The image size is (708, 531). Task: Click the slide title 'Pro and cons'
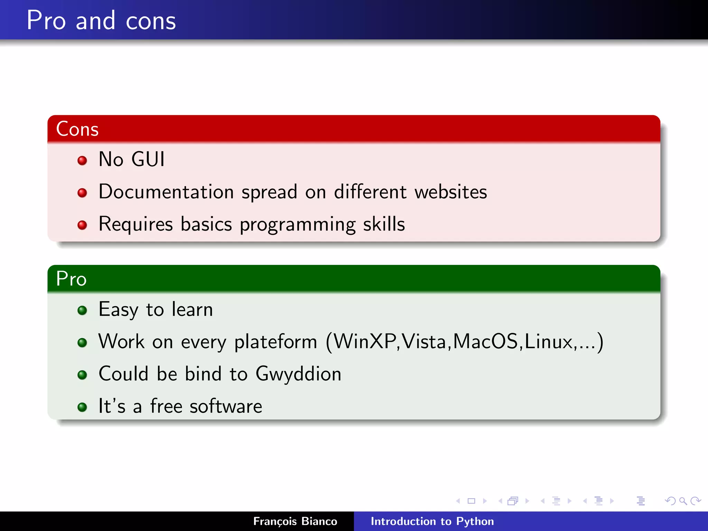coord(101,21)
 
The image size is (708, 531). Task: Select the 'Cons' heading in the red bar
coord(77,129)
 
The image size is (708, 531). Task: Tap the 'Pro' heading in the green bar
coord(71,279)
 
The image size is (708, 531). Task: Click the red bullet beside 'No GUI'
coord(82,160)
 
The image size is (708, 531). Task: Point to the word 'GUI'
coord(148,159)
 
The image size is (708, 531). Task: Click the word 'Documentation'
coord(166,192)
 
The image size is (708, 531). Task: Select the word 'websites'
coord(451,192)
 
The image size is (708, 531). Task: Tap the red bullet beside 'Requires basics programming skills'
coord(82,225)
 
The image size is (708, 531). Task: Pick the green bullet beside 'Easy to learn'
coord(82,310)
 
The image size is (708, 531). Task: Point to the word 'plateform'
coord(276,342)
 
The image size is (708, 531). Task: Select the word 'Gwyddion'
coord(298,374)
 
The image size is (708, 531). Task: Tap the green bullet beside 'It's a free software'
coord(82,407)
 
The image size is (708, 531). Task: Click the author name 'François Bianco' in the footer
coord(295,521)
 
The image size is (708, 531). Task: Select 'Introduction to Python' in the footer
coord(432,521)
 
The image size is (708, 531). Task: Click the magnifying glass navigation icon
coord(683,501)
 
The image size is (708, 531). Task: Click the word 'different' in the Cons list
coord(370,192)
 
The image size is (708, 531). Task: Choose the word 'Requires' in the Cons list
coord(136,224)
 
